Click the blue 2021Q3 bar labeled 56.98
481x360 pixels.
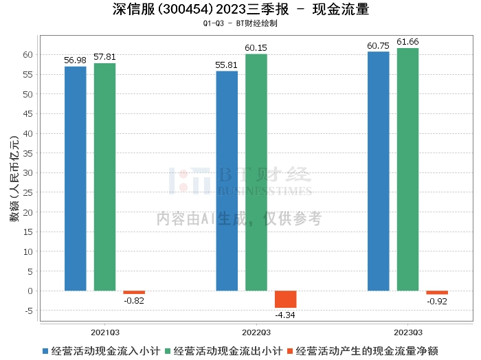pos(76,179)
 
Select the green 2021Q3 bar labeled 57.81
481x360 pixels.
pos(104,177)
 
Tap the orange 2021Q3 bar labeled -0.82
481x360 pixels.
pos(134,293)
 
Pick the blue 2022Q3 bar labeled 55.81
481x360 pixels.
pos(227,181)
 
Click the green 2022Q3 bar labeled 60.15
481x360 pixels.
pos(256,172)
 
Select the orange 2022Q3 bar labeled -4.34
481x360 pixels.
pos(285,300)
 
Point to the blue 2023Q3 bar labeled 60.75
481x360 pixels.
pos(378,171)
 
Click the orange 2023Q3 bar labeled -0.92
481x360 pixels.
pos(437,293)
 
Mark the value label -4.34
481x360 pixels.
pos(285,315)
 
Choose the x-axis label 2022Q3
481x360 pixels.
pos(256,330)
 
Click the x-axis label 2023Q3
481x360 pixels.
pos(407,330)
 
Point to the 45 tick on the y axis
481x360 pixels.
pos(30,113)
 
